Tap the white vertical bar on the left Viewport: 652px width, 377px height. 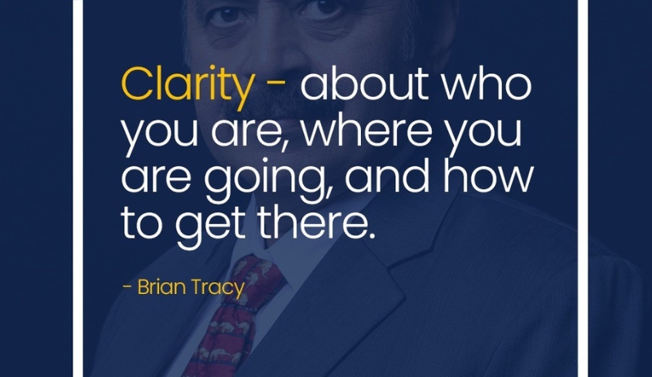pos(78,187)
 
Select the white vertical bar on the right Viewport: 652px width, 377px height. pos(582,187)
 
